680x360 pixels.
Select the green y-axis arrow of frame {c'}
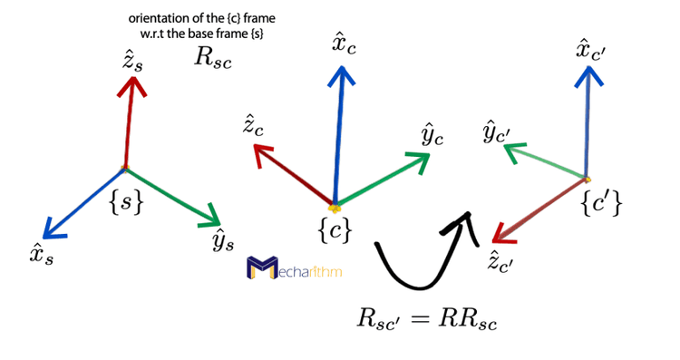(549, 164)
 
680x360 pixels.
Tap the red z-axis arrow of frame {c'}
(540, 209)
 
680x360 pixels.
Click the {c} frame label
(334, 230)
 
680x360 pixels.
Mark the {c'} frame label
(601, 205)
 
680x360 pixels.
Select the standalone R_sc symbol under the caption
(211, 56)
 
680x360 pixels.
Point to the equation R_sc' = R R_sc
(427, 319)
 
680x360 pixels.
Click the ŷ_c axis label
(432, 136)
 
